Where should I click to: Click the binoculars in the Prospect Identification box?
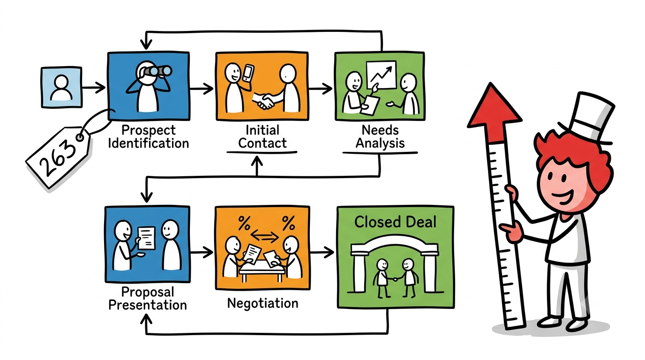point(157,71)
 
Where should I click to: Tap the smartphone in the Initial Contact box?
point(248,73)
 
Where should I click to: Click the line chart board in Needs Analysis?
point(381,75)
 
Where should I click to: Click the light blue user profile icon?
point(61,87)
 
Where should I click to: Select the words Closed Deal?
point(395,222)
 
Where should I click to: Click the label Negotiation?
point(262,303)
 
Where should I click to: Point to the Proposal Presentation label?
point(148,299)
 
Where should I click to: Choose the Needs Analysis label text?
point(380,136)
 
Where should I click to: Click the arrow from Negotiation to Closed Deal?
point(322,252)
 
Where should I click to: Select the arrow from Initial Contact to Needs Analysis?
point(321,88)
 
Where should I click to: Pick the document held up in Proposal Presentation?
point(146,238)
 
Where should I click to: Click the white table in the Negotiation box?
point(262,271)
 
